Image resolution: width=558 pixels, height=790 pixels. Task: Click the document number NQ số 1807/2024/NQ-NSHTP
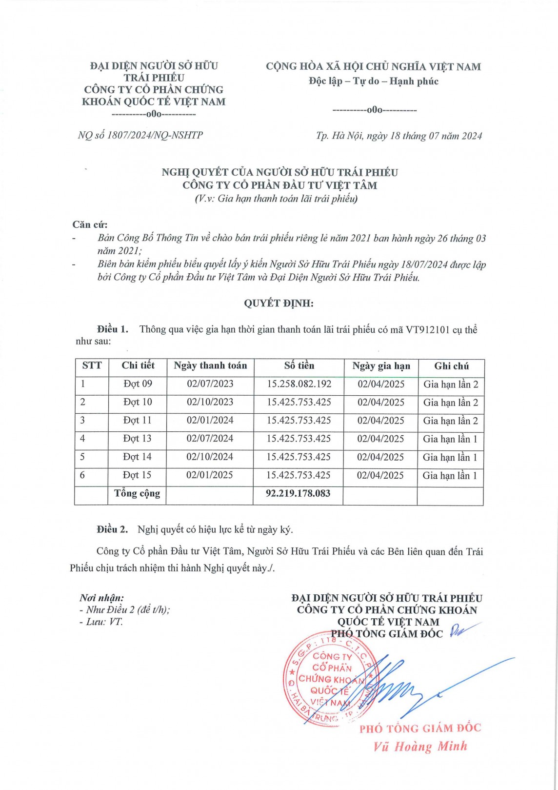pyautogui.click(x=140, y=135)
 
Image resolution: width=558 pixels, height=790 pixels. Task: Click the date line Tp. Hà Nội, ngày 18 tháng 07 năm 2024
pyautogui.click(x=399, y=136)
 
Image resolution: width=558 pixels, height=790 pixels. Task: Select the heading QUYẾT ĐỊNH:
pyautogui.click(x=279, y=303)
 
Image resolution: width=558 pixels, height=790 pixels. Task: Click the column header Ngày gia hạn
pyautogui.click(x=381, y=366)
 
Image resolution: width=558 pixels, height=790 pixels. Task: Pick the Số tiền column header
pyautogui.click(x=299, y=365)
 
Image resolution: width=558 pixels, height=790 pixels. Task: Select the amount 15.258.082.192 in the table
pyautogui.click(x=299, y=384)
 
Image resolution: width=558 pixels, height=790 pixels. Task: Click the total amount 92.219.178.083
pyautogui.click(x=298, y=493)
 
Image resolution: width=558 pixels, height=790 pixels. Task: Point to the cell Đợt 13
pyautogui.click(x=137, y=439)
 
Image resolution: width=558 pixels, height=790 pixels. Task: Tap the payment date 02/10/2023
pyautogui.click(x=210, y=402)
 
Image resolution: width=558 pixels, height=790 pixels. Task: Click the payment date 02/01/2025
pyautogui.click(x=210, y=475)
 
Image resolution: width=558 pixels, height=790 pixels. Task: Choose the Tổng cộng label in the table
pyautogui.click(x=137, y=493)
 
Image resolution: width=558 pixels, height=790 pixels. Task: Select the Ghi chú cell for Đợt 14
pyautogui.click(x=450, y=457)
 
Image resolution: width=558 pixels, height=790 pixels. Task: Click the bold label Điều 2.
pyautogui.click(x=112, y=529)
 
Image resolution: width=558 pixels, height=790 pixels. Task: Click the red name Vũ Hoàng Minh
pyautogui.click(x=420, y=747)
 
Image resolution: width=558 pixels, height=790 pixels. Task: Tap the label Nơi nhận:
pyautogui.click(x=102, y=598)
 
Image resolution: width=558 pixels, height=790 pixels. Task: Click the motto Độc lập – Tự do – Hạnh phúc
pyautogui.click(x=373, y=81)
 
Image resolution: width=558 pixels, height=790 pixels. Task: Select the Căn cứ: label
pyautogui.click(x=90, y=224)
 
